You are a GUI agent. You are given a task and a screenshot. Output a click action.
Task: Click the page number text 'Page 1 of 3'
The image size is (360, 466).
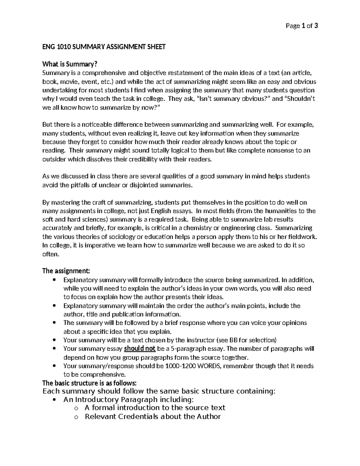301,26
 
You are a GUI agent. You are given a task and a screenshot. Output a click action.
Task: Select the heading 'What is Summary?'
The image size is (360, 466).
70,64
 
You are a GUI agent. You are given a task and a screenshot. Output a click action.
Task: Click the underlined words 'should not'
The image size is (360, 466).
139,349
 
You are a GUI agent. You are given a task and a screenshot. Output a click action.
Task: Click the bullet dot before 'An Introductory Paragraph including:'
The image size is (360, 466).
54,400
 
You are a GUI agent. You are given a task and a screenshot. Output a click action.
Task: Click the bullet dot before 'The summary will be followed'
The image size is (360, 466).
54,323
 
